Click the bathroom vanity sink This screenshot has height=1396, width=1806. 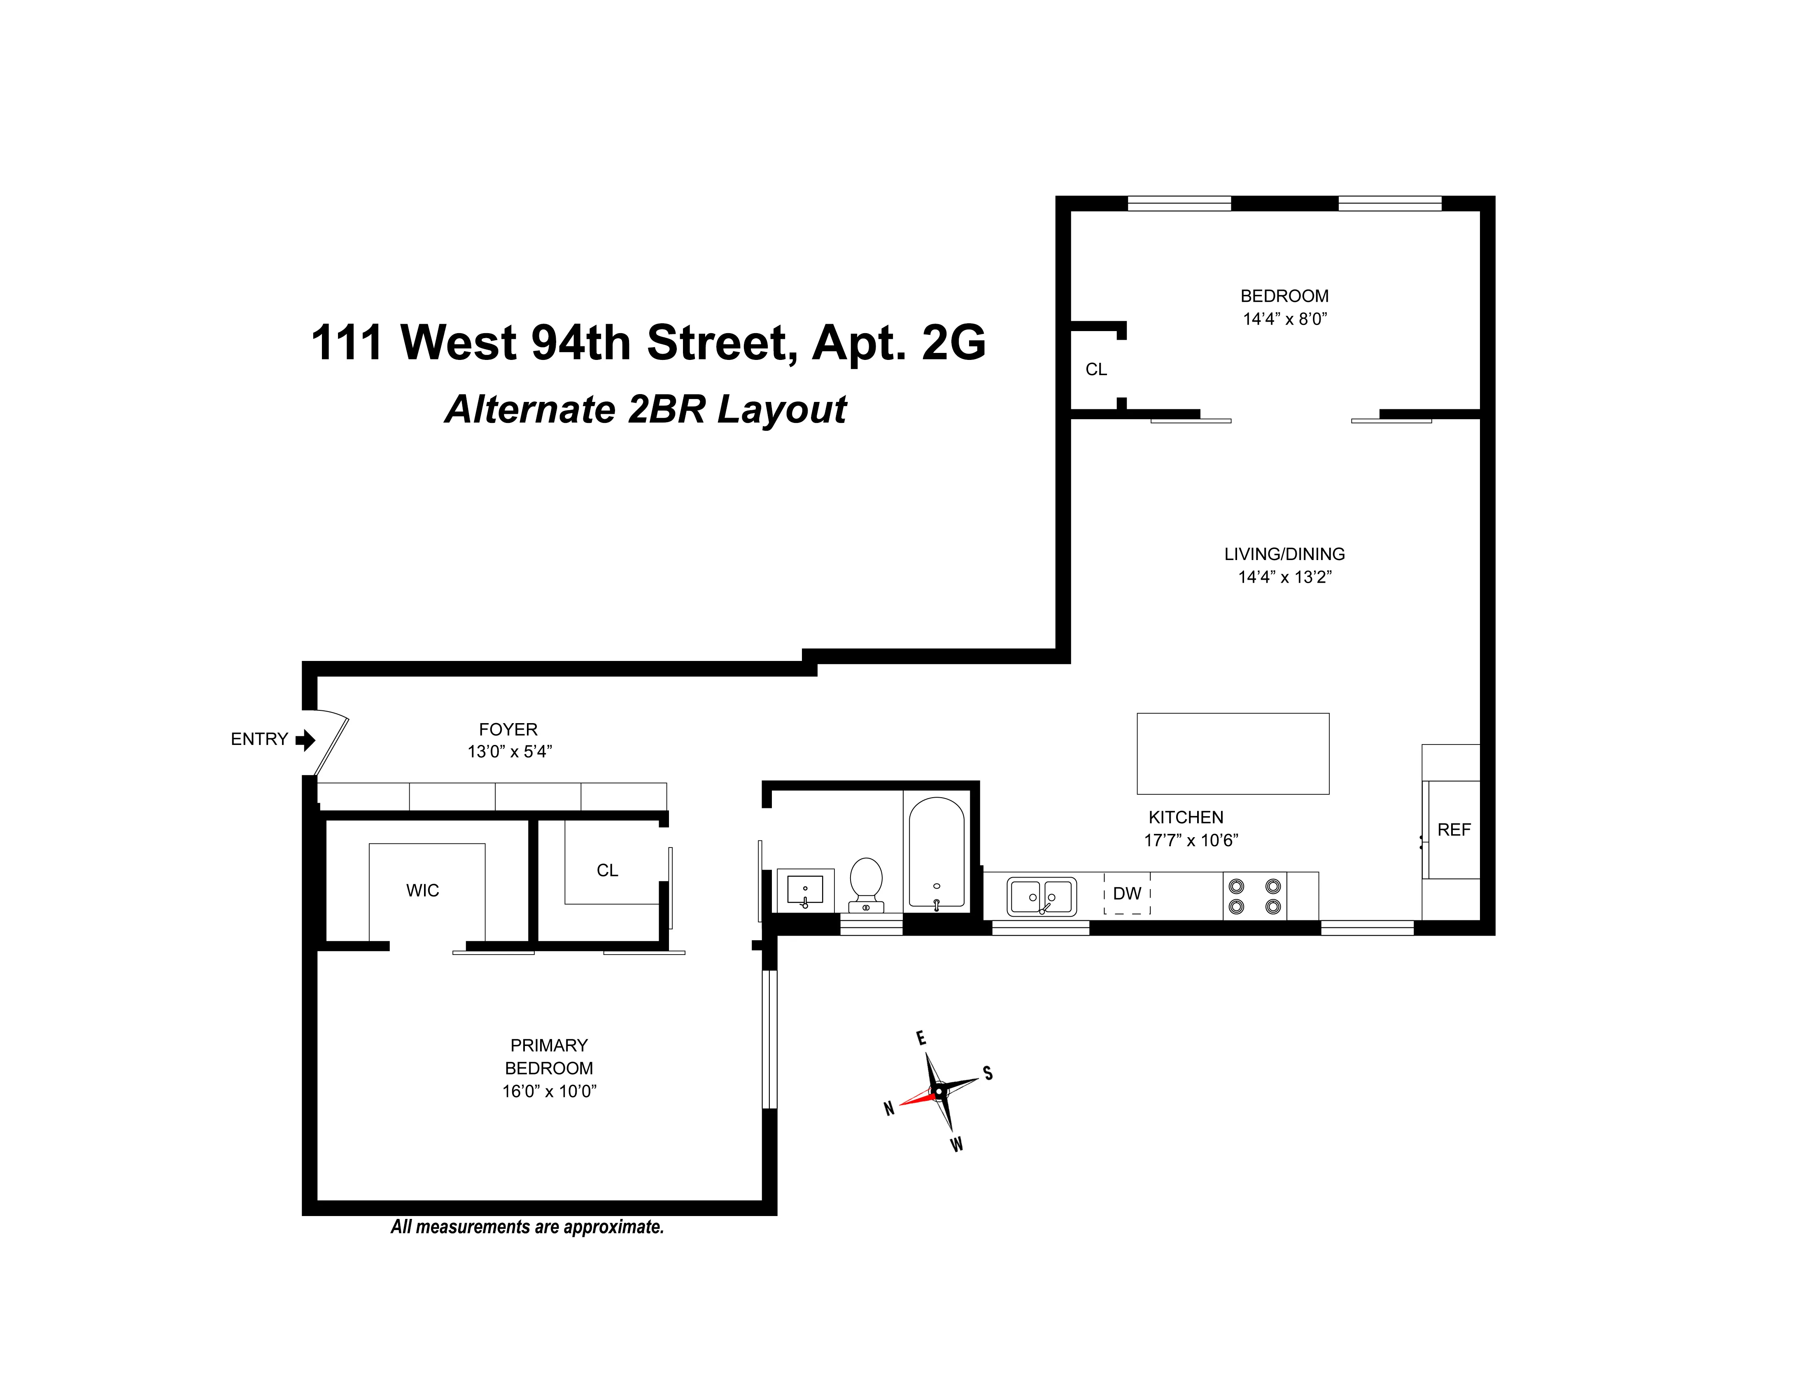tap(804, 890)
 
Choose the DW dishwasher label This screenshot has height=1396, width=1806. tap(1127, 893)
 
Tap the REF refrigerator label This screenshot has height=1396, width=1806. tap(1454, 829)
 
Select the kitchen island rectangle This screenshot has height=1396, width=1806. tap(1232, 754)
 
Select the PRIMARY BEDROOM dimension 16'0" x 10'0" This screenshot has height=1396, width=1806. tap(549, 1091)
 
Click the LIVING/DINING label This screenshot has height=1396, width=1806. tap(1284, 554)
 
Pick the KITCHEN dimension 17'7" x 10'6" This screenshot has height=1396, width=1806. tap(1191, 840)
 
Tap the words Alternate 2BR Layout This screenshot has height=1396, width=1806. tap(646, 409)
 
